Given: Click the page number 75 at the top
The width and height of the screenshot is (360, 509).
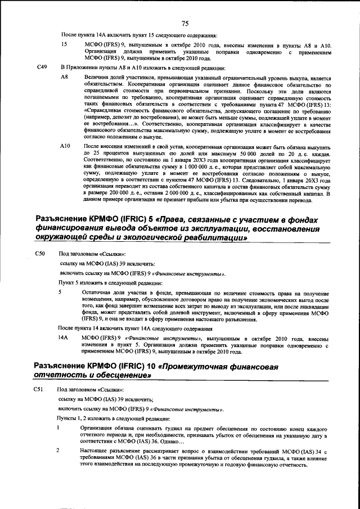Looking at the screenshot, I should click(184, 23).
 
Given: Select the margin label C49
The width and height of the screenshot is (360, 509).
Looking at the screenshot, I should click(41, 67).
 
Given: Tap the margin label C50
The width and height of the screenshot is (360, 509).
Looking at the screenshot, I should click(40, 254).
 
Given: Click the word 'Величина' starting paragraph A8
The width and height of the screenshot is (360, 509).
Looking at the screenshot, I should click(95, 76).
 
